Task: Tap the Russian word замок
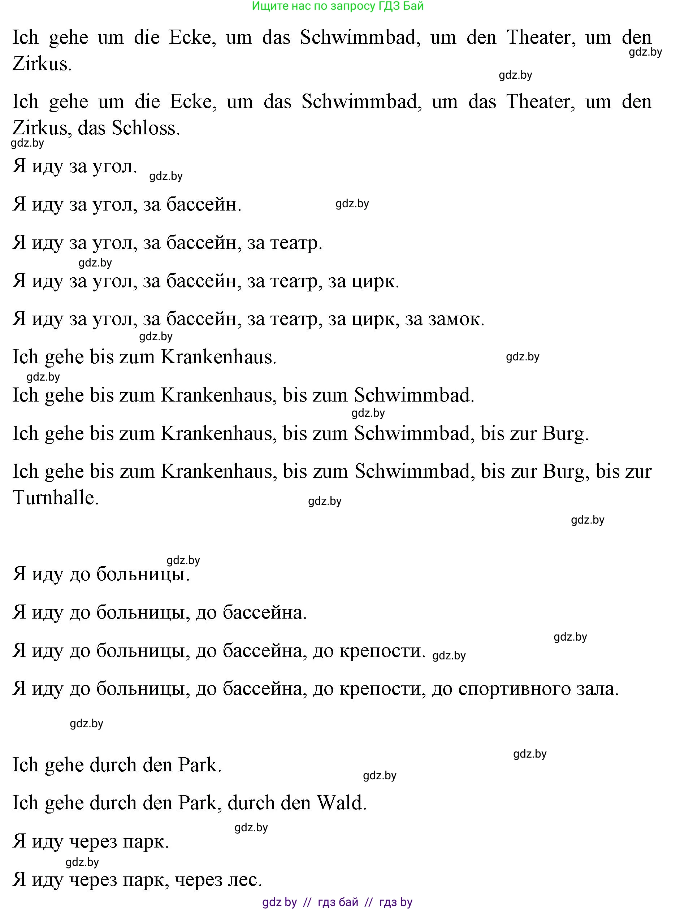[454, 320]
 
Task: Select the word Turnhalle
[53, 498]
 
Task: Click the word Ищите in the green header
[267, 6]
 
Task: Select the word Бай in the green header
[414, 6]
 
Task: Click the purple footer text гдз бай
[338, 902]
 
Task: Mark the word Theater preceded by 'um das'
[539, 102]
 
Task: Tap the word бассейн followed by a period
[201, 205]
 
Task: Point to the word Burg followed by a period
[563, 434]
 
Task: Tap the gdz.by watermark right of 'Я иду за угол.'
[166, 176]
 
